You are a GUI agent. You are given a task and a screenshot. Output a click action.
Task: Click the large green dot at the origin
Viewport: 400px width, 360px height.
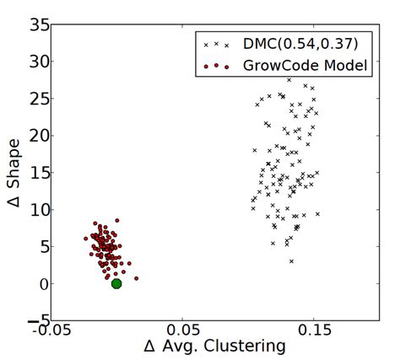pos(116,283)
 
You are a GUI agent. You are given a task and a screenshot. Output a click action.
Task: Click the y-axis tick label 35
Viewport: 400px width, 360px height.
pos(38,24)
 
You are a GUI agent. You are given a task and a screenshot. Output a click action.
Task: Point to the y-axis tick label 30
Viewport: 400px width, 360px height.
pos(38,62)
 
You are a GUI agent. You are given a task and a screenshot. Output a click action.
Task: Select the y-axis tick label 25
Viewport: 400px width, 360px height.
pos(38,99)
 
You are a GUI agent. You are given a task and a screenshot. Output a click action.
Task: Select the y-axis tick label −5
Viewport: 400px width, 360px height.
pos(37,321)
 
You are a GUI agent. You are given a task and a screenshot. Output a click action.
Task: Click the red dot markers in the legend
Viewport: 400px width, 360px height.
pos(216,65)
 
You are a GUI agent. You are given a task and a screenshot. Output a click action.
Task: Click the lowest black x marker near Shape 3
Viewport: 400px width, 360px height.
pos(291,261)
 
